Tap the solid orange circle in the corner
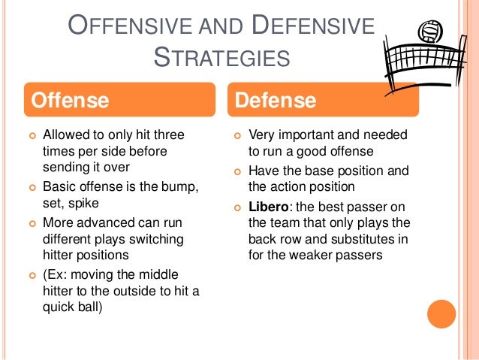(x=441, y=313)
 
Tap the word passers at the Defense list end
(x=361, y=255)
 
